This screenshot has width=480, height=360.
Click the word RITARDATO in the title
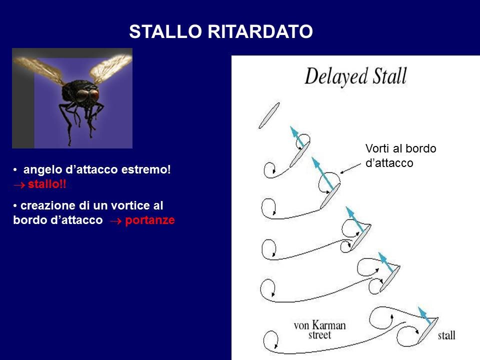(x=260, y=31)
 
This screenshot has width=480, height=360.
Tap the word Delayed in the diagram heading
(x=336, y=76)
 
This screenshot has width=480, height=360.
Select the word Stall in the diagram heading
(x=389, y=76)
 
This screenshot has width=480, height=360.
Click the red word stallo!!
(x=47, y=184)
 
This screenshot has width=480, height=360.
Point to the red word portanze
(x=150, y=220)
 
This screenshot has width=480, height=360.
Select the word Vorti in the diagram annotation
(x=377, y=148)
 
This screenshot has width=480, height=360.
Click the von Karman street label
(x=320, y=329)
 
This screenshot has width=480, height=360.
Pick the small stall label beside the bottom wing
(x=446, y=335)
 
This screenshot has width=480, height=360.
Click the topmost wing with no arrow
(x=269, y=115)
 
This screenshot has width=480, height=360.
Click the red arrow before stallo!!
(x=19, y=185)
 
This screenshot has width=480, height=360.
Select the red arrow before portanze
(x=115, y=221)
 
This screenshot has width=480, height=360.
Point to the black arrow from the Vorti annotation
(x=350, y=168)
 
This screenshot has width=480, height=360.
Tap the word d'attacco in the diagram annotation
(x=389, y=163)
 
